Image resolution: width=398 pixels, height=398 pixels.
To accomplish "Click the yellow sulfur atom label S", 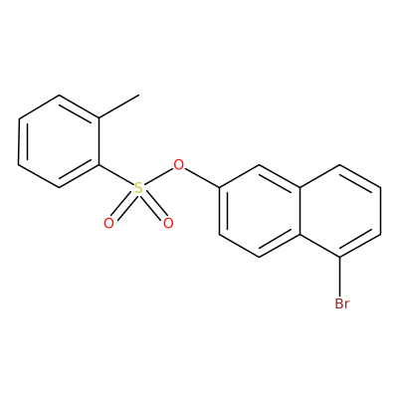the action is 139,188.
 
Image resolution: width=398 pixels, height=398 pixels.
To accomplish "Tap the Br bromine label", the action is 342,303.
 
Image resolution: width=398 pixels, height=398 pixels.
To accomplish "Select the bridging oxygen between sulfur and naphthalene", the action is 179,164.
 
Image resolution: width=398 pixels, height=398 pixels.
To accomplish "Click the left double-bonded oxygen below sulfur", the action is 108,223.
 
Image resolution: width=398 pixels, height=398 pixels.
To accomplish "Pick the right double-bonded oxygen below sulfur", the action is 168,223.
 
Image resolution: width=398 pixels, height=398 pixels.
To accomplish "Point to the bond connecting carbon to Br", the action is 340,277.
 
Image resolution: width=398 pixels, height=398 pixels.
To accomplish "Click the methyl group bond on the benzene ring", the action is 118,106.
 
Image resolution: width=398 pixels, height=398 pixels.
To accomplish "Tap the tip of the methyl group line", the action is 138,96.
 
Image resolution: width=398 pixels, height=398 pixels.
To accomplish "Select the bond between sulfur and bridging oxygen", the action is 158,176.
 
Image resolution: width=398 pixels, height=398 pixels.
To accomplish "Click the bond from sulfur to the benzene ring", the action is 116,175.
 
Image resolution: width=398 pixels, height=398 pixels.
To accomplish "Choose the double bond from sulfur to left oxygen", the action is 123,206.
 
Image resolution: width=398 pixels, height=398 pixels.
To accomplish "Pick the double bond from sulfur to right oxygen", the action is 154,206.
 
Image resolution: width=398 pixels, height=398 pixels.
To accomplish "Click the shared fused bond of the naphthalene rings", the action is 300,211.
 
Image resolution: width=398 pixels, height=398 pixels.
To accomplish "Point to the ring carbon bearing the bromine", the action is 340,257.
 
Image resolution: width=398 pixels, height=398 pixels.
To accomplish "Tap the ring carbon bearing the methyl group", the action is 99,118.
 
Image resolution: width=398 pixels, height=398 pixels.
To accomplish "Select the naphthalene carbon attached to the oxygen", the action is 220,188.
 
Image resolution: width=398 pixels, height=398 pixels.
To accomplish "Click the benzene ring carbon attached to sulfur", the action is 99,164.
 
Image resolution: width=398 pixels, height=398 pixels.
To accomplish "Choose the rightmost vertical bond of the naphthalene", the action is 380,211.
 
